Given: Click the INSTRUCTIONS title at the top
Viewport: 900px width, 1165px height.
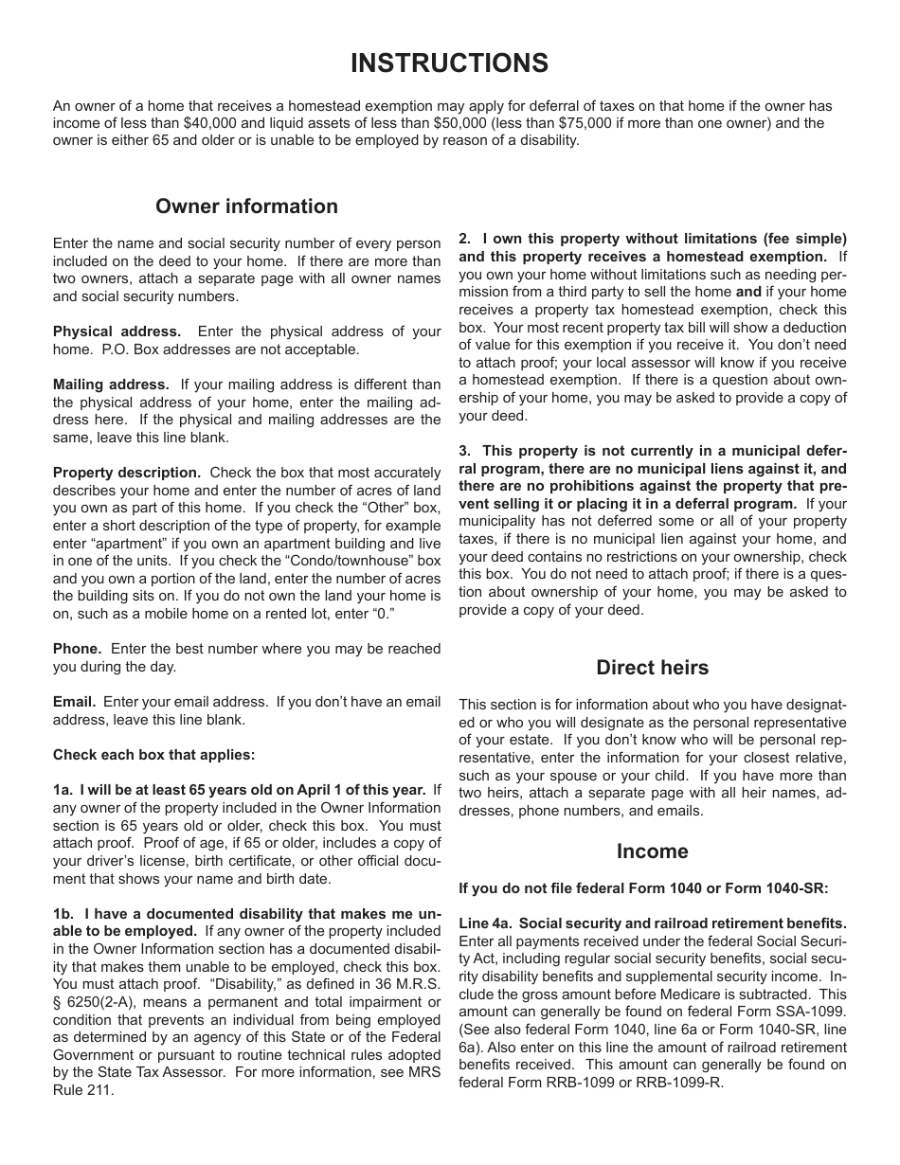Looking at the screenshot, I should click(x=449, y=63).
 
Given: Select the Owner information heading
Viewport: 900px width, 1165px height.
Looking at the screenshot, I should click(x=246, y=206).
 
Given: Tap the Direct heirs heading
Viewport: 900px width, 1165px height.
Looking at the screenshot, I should click(x=652, y=668).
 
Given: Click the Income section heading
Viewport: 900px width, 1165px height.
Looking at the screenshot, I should click(x=652, y=851).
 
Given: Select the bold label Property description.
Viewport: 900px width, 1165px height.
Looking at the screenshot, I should click(x=126, y=473).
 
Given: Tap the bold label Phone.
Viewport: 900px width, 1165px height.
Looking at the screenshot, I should click(x=77, y=649).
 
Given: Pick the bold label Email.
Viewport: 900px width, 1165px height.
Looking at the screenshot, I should click(x=74, y=702).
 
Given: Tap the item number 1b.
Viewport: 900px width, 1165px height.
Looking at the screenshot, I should click(x=63, y=914).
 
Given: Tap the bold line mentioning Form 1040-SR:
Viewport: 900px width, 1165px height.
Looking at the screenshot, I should click(x=643, y=888).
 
